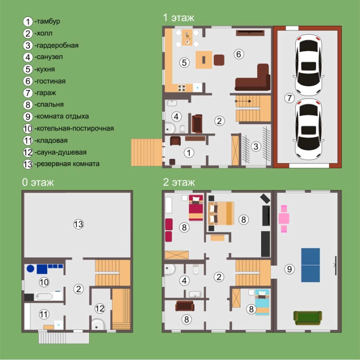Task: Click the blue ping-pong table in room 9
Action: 310,265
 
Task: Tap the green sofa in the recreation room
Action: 307,318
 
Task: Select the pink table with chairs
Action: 284,218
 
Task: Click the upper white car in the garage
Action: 308,65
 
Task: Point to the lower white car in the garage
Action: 308,129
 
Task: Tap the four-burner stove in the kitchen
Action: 181,88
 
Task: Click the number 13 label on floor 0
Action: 78,224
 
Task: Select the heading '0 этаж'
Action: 38,182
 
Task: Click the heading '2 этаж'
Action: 179,182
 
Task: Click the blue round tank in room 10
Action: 30,269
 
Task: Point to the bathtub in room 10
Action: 44,296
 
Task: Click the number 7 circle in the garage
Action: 289,98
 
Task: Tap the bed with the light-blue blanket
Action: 262,302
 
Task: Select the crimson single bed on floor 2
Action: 196,208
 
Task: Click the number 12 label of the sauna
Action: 100,308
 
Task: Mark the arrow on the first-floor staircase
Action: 243,101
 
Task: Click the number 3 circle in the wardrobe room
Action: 256,146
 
